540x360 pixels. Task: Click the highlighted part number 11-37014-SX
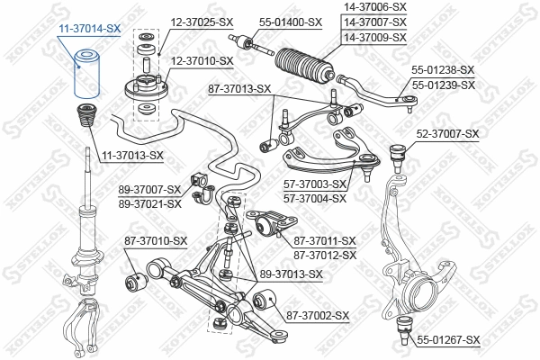point(90,29)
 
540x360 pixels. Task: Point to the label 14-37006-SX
point(375,6)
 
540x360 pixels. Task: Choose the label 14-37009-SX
point(375,37)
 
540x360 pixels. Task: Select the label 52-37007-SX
point(447,134)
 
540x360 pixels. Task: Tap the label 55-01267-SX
point(448,339)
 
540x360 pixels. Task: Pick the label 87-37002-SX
point(318,315)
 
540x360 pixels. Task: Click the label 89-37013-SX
point(291,274)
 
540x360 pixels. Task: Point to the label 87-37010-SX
point(156,240)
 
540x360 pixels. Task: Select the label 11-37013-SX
point(131,155)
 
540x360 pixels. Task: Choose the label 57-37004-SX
point(315,197)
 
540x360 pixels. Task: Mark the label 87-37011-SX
point(325,240)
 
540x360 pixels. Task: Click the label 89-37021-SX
point(150,203)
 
